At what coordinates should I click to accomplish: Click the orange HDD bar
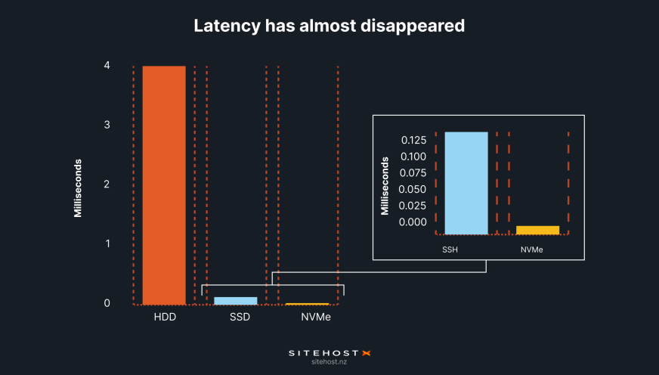(x=164, y=184)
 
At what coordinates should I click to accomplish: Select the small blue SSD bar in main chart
(x=236, y=300)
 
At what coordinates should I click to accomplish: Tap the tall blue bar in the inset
(x=466, y=183)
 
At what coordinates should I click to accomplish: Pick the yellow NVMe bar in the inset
(x=538, y=230)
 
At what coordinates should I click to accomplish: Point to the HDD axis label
(x=164, y=317)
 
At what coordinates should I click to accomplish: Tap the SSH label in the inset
(x=450, y=249)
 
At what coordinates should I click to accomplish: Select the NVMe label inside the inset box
(x=532, y=249)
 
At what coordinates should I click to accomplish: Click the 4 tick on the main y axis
(x=107, y=65)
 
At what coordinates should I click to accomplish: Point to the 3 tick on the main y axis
(x=107, y=125)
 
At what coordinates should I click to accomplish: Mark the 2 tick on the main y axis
(x=107, y=184)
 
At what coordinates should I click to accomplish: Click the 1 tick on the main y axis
(x=107, y=243)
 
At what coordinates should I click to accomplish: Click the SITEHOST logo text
(x=324, y=352)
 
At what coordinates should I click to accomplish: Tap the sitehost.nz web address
(x=329, y=363)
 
